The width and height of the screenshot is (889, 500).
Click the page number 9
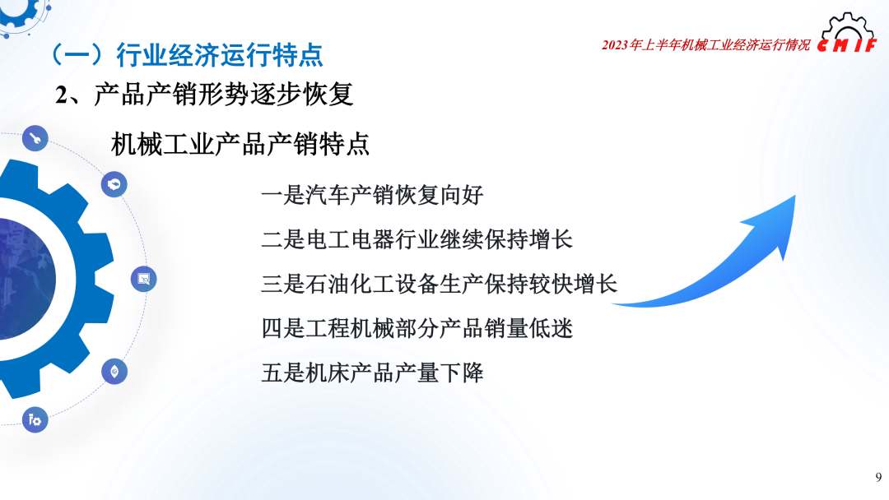pos(878,477)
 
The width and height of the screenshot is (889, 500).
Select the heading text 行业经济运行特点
pos(220,55)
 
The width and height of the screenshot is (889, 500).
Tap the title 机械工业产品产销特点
pos(240,145)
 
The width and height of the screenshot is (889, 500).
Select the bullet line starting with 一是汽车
pos(371,196)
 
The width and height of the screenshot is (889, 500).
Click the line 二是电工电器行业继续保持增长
pos(417,240)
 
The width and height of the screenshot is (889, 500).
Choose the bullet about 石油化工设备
pos(439,285)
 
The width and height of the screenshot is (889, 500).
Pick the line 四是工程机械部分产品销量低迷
pos(417,329)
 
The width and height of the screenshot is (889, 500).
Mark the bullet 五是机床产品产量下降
pos(371,373)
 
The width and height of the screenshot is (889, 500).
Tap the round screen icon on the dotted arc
pos(144,280)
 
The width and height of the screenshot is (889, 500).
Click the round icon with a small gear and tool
pos(35,420)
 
